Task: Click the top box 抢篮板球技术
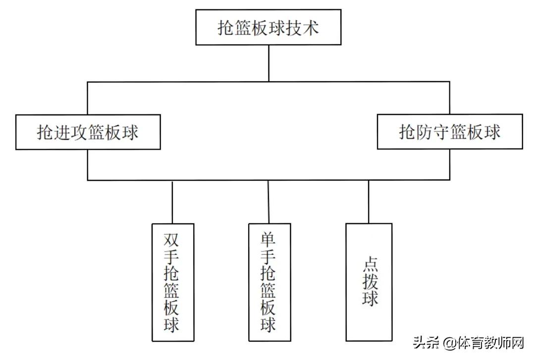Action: [x=268, y=27]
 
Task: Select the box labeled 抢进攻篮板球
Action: [x=88, y=132]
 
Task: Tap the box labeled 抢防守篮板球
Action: [x=450, y=132]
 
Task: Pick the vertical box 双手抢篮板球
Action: [x=172, y=282]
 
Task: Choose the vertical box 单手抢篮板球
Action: [x=269, y=282]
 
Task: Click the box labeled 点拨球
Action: [x=369, y=282]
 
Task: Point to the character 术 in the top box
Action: [x=310, y=27]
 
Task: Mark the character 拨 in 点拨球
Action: [x=370, y=281]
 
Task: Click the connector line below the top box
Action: [x=268, y=63]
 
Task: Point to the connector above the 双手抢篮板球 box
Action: [x=172, y=202]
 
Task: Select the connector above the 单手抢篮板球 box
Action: [x=268, y=202]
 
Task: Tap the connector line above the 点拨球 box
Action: [x=369, y=202]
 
